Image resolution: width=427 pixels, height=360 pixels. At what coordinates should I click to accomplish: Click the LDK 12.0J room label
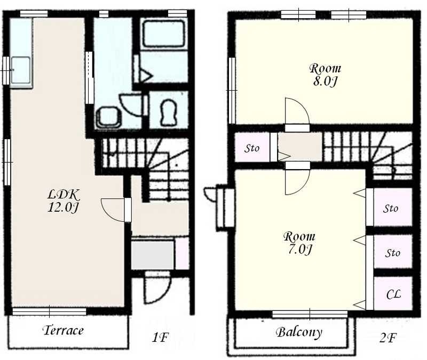coord(64,201)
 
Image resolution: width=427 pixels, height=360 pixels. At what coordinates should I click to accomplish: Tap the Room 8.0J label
coord(325,75)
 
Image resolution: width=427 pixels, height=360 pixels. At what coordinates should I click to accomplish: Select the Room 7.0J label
coord(299,243)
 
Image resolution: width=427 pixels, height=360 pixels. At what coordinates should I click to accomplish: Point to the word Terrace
coord(63,330)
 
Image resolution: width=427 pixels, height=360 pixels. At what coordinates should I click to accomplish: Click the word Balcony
coord(299,332)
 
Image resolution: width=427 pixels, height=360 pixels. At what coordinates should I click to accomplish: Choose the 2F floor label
coord(388,338)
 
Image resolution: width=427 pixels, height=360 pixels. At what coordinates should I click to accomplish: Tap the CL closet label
coord(393,294)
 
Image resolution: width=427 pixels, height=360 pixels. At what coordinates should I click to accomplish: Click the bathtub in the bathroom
coord(163,34)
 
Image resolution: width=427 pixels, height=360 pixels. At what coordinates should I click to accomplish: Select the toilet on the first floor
coord(168,112)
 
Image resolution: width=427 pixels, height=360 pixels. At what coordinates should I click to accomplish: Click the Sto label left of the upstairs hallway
coord(251,148)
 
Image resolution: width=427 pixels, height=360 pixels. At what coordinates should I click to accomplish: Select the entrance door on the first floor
coord(157,287)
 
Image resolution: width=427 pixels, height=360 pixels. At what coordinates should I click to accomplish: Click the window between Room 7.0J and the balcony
coord(310,314)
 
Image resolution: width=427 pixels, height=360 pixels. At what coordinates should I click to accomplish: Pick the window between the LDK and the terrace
coord(49,311)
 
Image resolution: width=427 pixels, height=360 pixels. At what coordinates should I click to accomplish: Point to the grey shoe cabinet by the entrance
coord(153,255)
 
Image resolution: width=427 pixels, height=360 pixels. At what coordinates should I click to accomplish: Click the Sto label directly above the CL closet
coord(392,253)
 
